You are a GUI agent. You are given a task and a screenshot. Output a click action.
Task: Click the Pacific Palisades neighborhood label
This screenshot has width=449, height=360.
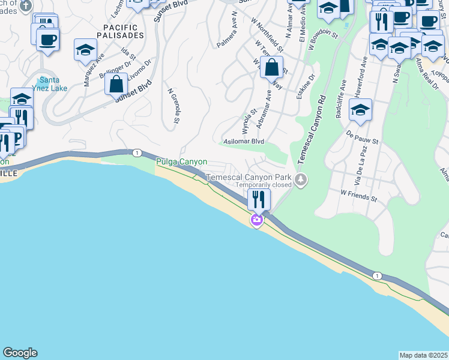pyautogui.click(x=124, y=31)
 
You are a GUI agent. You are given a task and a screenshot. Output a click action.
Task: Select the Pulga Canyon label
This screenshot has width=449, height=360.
pyautogui.click(x=181, y=162)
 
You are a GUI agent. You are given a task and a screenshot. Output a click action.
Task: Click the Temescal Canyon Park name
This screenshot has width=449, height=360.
pyautogui.click(x=248, y=178)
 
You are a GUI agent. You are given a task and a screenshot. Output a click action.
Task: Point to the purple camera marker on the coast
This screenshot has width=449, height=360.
pyautogui.click(x=257, y=221)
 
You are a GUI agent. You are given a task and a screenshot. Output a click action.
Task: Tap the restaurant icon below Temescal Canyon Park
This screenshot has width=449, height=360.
pyautogui.click(x=259, y=199)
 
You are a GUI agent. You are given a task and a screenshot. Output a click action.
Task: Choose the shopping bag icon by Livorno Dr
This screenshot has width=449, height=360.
pyautogui.click(x=116, y=84)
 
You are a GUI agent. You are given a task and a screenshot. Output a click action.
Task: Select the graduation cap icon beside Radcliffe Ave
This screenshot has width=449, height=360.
pyautogui.click(x=360, y=110)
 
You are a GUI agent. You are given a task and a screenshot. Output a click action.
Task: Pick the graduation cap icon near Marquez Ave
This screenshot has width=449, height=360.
pyautogui.click(x=85, y=50)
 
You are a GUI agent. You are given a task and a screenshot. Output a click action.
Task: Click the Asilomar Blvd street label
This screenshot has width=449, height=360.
pyautogui.click(x=244, y=141)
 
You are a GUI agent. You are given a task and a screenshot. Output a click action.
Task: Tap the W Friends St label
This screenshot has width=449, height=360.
pyautogui.click(x=358, y=194)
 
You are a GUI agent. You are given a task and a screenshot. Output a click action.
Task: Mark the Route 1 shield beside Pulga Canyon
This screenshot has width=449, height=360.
pyautogui.click(x=137, y=154)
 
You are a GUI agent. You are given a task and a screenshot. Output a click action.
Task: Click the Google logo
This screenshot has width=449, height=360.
pyautogui.click(x=20, y=353)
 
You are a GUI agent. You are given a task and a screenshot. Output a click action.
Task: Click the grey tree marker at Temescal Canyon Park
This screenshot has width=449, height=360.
pyautogui.click(x=301, y=179)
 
